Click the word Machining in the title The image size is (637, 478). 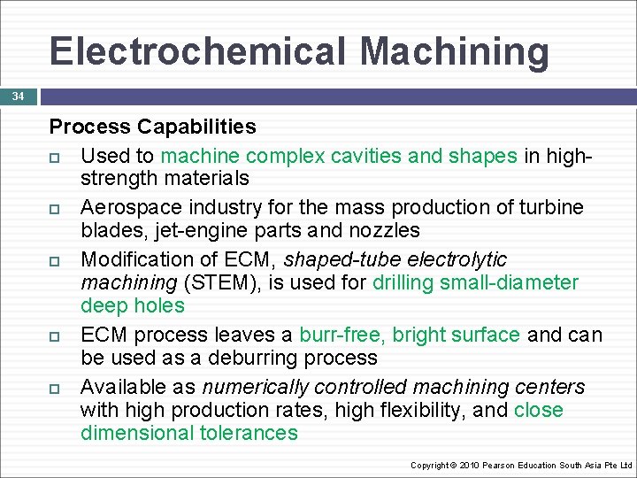click(454, 50)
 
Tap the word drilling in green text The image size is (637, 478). click(406, 283)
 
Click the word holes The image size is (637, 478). click(158, 306)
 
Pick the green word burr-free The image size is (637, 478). click(342, 335)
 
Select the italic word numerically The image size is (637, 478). click(257, 388)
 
